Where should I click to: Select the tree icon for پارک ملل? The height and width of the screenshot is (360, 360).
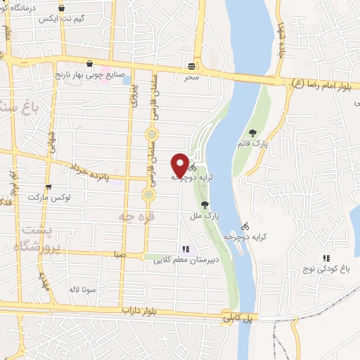coord(205,205)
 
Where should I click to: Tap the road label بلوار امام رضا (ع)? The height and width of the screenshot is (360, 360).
coord(319,84)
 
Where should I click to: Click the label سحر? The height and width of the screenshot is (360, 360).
coord(193,77)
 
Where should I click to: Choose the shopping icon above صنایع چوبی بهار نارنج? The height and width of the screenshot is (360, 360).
coord(89,63)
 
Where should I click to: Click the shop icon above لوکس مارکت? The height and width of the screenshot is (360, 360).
coord(48,187)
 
